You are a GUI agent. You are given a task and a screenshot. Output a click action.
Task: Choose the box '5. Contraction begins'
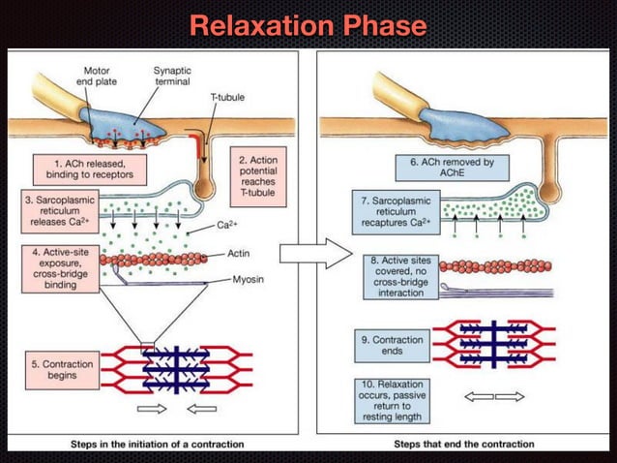61,369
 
